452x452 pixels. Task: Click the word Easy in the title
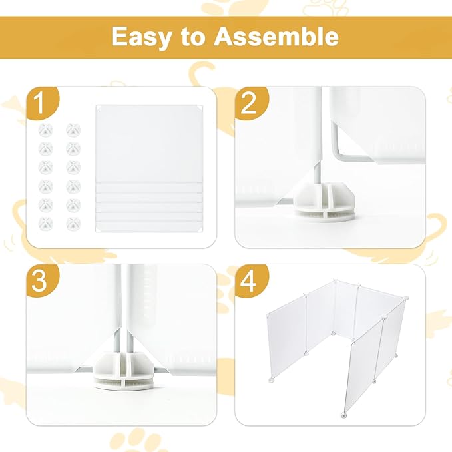[x=141, y=37]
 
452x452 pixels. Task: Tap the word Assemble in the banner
[x=276, y=37]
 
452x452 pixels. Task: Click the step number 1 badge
[x=41, y=104]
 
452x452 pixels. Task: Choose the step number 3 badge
[x=41, y=281]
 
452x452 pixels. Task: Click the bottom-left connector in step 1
[x=46, y=223]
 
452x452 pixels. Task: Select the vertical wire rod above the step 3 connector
[x=121, y=306]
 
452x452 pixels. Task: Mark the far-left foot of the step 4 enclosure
[x=270, y=381]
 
